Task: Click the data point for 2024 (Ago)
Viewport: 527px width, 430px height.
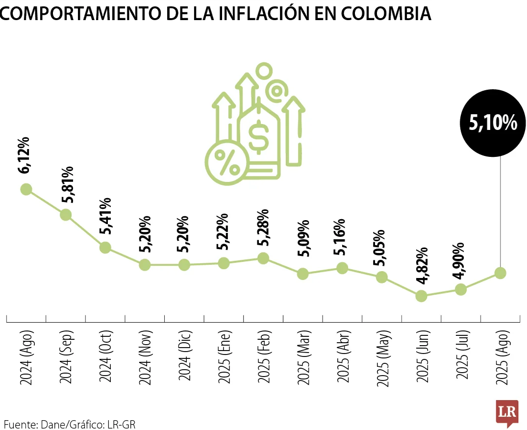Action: tap(26, 189)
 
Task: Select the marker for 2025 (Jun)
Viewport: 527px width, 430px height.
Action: tap(421, 296)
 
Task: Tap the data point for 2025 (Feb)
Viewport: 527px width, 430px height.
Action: tap(263, 258)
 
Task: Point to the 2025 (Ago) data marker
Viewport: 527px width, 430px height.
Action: tap(501, 273)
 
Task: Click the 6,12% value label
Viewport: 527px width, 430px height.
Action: tap(25, 155)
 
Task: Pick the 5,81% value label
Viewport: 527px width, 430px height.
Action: tap(67, 184)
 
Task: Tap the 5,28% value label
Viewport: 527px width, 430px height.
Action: tap(263, 228)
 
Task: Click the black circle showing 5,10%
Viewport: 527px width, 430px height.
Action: tap(493, 123)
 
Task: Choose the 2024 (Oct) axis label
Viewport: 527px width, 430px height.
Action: tap(105, 356)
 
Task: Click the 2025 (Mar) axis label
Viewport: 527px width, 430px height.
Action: tap(303, 357)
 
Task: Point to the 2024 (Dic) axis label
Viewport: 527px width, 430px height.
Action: tap(184, 355)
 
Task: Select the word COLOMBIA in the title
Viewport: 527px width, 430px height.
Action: tap(386, 13)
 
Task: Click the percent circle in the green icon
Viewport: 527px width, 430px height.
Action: tap(227, 162)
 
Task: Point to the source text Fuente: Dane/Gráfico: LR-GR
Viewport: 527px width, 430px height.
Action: tap(70, 424)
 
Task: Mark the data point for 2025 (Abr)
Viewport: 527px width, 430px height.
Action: tap(342, 268)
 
